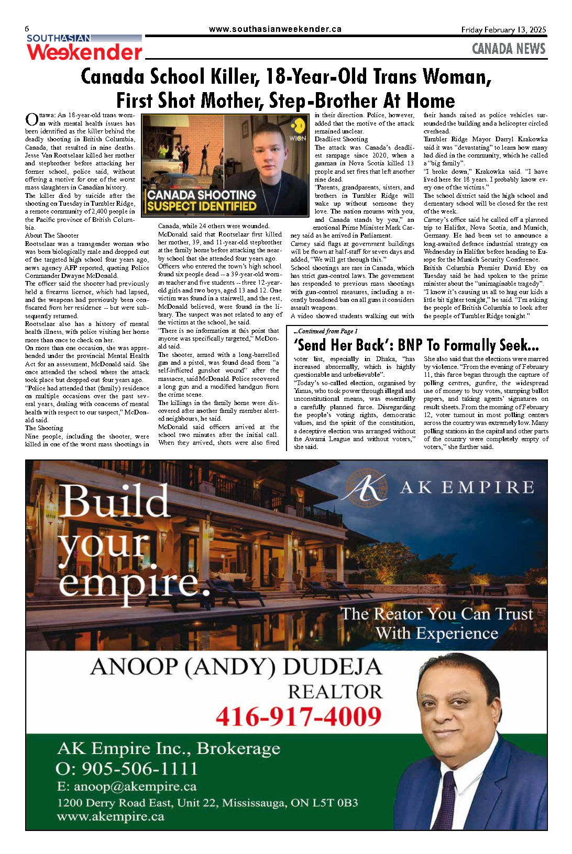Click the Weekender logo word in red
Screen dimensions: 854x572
pos(84,52)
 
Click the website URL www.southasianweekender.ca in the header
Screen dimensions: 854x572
pos(275,29)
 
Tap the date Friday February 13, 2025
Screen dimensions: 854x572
pos(503,30)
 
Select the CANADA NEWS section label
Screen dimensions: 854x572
pos(509,49)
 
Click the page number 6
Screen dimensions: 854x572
pos(27,29)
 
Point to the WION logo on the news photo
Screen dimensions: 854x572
pos(298,129)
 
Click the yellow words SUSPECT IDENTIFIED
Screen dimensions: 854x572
pos(202,206)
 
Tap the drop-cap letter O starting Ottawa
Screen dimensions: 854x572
pos(31,119)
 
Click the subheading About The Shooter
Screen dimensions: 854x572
pos(52,235)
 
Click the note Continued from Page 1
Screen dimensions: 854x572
pos(326,331)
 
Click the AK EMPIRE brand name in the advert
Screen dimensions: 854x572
pos(467,488)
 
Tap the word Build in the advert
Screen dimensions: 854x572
pos(115,502)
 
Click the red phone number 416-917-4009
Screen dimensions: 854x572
pos(299,716)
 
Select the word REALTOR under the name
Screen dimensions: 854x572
pos(335,692)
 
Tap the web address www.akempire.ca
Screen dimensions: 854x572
pos(111,816)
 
